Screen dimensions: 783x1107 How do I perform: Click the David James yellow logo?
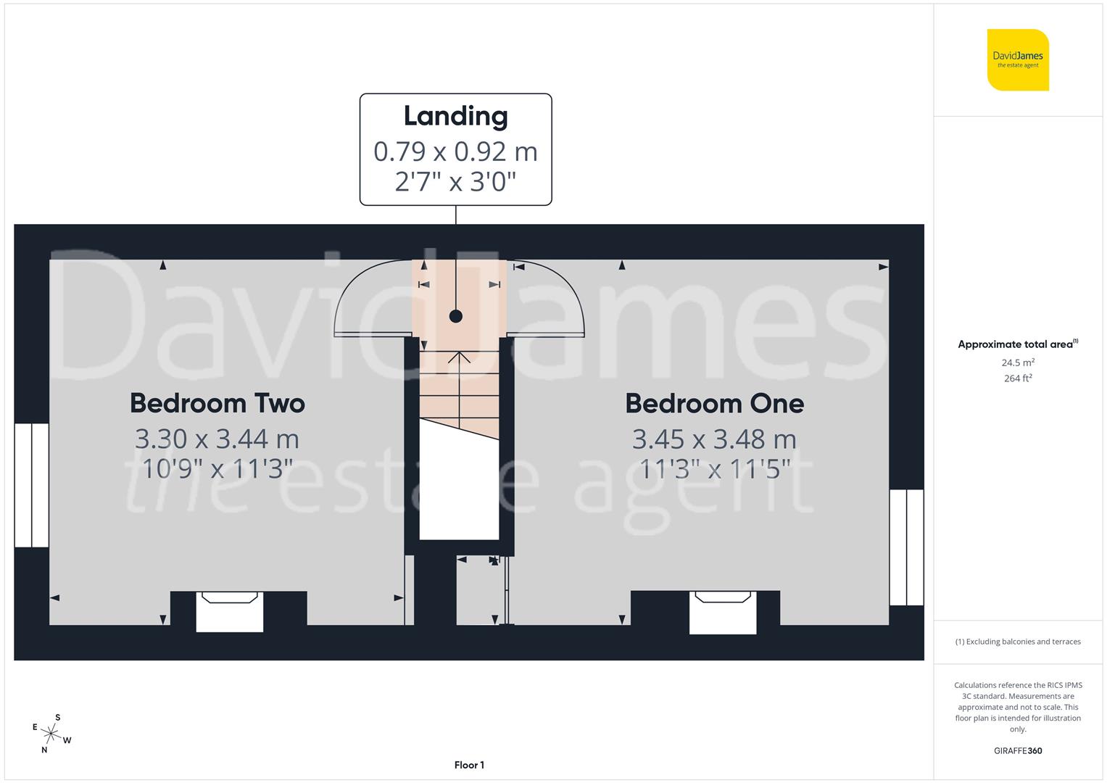pos(1018,59)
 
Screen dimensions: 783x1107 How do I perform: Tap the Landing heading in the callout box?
pos(455,116)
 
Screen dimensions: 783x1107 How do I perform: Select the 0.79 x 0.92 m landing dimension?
pos(455,152)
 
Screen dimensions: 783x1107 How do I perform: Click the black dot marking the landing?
pos(455,316)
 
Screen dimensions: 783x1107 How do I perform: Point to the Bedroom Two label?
pos(217,403)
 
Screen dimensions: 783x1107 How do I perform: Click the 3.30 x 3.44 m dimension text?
pos(217,439)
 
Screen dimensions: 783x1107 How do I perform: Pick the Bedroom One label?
pos(714,403)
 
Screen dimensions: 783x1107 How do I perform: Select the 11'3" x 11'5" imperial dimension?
pos(714,469)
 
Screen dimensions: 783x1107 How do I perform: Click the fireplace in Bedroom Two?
pos(230,611)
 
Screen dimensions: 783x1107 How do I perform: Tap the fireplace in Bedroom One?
pos(723,611)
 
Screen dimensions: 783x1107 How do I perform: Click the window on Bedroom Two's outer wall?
pos(32,485)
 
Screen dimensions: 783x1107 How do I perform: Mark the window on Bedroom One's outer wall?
pos(906,547)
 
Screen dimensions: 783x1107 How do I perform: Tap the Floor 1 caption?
pos(469,765)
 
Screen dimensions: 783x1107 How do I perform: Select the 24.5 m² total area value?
pos(1017,362)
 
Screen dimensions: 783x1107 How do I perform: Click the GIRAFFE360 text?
pos(1017,750)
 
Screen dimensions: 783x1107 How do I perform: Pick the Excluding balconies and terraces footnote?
pos(1017,642)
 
